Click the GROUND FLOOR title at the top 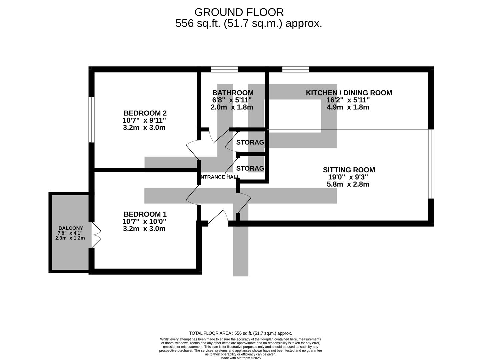[239, 12]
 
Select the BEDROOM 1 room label [145, 214]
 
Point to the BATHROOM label [233, 93]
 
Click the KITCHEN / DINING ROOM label [349, 93]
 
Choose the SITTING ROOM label [349, 170]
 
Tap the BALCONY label [71, 228]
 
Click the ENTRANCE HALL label [219, 177]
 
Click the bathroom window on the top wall [224, 69]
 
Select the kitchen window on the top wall [295, 69]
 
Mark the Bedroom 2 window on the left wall [91, 120]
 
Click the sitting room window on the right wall [431, 164]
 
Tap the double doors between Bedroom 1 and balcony [95, 235]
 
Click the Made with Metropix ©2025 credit [240, 358]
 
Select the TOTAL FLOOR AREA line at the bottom [240, 333]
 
